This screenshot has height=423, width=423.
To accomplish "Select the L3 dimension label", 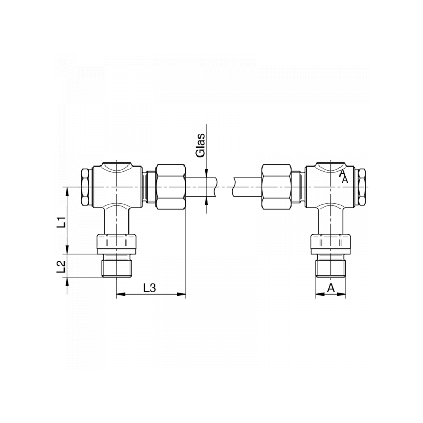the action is click(x=150, y=288).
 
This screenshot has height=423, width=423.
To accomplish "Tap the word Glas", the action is click(x=200, y=145).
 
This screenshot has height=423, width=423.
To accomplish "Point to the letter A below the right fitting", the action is click(x=331, y=288).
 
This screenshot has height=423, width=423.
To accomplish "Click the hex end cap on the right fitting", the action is click(x=362, y=187).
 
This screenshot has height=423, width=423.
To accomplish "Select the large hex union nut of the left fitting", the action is click(x=171, y=187).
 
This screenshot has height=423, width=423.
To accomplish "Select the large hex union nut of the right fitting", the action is click(x=277, y=187).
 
